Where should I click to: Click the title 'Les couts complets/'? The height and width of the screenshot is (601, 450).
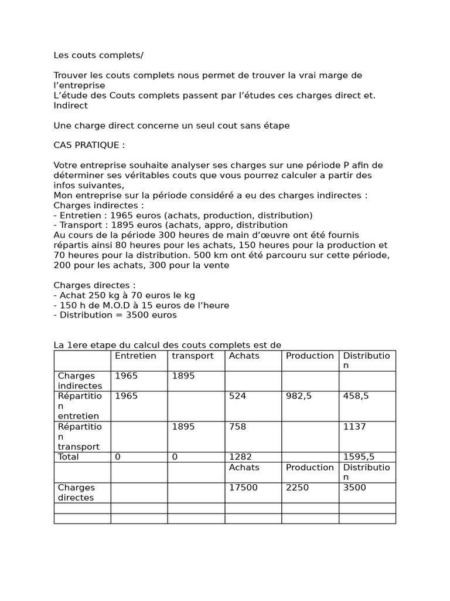(x=98, y=55)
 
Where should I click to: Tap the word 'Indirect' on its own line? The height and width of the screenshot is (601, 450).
(x=70, y=105)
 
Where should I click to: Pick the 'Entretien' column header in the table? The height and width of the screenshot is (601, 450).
(x=135, y=356)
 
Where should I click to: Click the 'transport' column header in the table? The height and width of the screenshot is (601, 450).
(x=193, y=356)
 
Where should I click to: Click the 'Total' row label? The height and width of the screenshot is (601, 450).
(x=68, y=457)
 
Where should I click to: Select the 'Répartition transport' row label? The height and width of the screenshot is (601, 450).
(x=80, y=437)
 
